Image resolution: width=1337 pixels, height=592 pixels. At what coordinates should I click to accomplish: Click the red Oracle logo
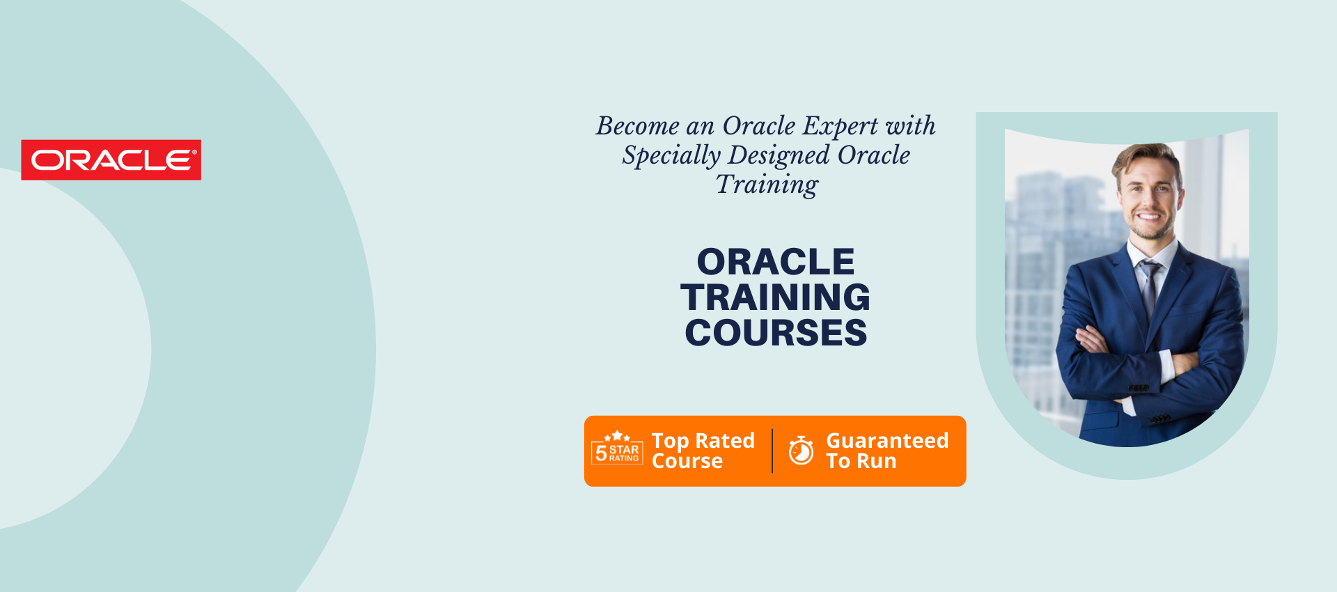[111, 160]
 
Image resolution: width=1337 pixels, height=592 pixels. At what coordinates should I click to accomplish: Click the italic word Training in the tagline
[767, 185]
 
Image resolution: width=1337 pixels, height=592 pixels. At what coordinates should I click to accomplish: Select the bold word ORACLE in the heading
[776, 262]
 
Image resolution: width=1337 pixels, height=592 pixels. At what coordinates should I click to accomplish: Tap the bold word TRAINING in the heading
[776, 297]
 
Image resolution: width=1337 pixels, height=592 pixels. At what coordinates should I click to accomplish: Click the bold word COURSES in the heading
[776, 333]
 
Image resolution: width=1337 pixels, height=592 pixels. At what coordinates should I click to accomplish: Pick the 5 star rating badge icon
[617, 448]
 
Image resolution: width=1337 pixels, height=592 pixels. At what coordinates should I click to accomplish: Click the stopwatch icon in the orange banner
[801, 450]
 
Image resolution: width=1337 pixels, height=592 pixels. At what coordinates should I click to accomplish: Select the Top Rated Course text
[703, 451]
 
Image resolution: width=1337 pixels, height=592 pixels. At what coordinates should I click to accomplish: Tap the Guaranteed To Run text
[887, 451]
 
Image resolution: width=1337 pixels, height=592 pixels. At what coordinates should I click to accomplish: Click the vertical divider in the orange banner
[772, 451]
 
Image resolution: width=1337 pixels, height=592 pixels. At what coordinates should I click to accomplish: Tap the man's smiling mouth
[1149, 217]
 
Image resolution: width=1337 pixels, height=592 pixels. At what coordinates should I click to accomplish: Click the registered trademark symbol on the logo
[194, 151]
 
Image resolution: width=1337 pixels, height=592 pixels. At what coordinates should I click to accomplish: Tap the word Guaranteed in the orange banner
[887, 441]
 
